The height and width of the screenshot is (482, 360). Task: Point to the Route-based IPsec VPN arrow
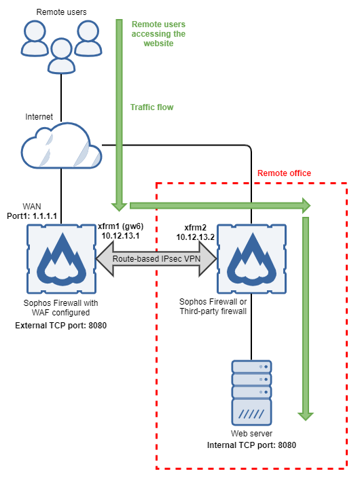coord(156,258)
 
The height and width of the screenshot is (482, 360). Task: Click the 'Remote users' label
coord(61,12)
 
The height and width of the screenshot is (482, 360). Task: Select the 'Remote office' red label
coord(284,173)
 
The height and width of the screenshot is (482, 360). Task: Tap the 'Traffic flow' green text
coord(151,107)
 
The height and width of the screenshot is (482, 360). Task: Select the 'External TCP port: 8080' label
coord(61,326)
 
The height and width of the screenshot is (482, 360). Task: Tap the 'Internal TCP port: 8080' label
coord(251,445)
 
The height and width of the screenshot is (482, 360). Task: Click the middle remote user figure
coord(61,54)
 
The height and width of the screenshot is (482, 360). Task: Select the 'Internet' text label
coord(39,116)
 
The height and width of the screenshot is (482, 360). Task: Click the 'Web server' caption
coord(251,434)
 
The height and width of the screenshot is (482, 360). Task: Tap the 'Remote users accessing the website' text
coord(158,33)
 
